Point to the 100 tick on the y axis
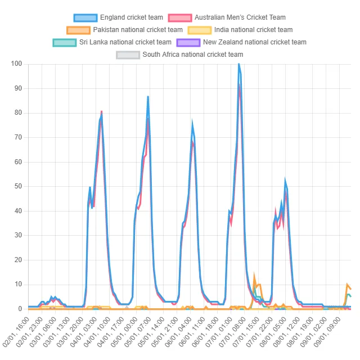click(x=16, y=64)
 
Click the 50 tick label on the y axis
click(x=18, y=187)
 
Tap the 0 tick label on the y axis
click(x=20, y=309)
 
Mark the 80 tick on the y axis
click(x=18, y=113)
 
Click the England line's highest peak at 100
click(x=238, y=64)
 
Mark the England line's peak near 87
click(x=148, y=97)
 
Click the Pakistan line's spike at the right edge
click(x=347, y=285)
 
